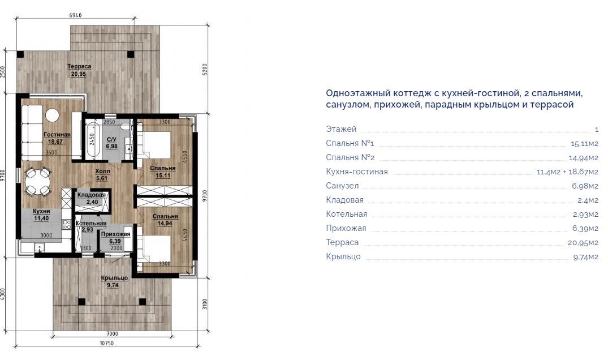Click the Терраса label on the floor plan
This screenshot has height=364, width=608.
point(79,66)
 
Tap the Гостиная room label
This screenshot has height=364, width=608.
point(57,135)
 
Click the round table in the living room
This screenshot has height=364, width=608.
point(52,115)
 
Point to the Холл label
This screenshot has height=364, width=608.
point(103,171)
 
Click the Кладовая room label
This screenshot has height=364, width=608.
point(92,195)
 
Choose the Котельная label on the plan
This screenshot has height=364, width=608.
point(90,224)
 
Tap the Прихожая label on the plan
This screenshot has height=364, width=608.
point(115,234)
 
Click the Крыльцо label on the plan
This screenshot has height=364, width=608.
point(114,279)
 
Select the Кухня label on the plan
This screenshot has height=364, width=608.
point(41,212)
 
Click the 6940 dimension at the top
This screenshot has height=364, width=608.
point(75,15)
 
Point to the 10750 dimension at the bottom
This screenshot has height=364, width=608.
point(107,343)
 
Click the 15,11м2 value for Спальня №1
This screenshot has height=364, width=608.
point(584,144)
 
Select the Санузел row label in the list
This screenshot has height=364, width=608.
point(342,186)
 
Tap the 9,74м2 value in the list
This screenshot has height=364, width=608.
point(586,257)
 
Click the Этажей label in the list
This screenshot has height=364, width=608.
point(341,129)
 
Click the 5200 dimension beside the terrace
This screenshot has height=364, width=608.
point(205,70)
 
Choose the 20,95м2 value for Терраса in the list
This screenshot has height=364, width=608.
point(583,243)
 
